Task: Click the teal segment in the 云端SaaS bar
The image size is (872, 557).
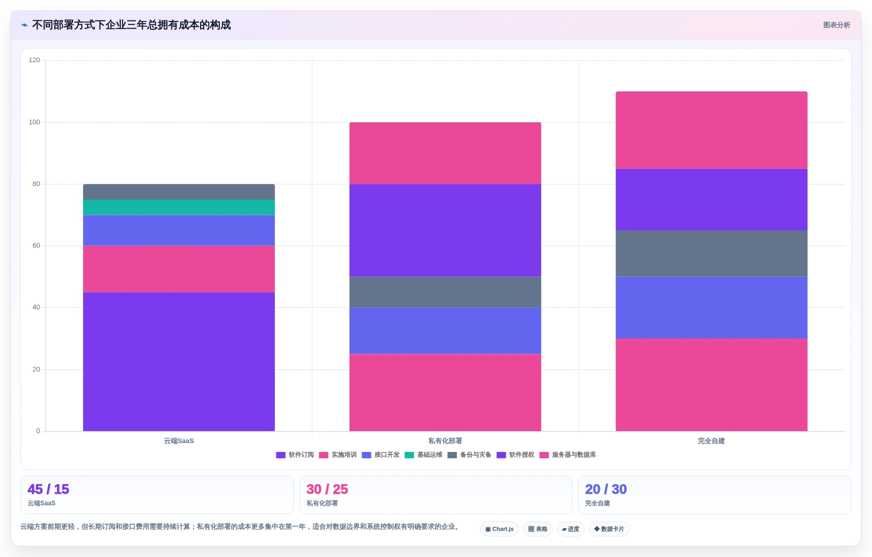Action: pyautogui.click(x=179, y=207)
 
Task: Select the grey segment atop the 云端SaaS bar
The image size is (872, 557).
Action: pyautogui.click(x=179, y=192)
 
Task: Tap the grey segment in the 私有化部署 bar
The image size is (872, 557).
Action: pyautogui.click(x=445, y=292)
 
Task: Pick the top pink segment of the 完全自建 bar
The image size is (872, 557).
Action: pyautogui.click(x=711, y=130)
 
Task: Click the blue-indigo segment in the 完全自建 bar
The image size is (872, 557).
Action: pyautogui.click(x=711, y=307)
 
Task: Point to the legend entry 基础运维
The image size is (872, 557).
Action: pyautogui.click(x=424, y=455)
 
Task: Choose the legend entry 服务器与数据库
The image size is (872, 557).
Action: pyautogui.click(x=567, y=455)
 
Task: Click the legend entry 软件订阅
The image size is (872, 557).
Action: pyautogui.click(x=295, y=455)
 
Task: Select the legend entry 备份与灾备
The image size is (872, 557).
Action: pyautogui.click(x=470, y=455)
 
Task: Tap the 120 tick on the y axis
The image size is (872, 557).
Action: pyautogui.click(x=34, y=60)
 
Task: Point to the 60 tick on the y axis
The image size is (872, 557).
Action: pyautogui.click(x=36, y=246)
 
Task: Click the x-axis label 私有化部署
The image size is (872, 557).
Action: pyautogui.click(x=445, y=441)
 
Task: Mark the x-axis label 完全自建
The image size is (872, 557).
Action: pyautogui.click(x=711, y=441)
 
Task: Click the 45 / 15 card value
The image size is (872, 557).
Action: pyautogui.click(x=48, y=489)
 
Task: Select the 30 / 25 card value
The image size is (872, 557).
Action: pyautogui.click(x=327, y=489)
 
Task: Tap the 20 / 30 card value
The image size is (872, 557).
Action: pyautogui.click(x=606, y=489)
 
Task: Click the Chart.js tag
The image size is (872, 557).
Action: pyautogui.click(x=499, y=529)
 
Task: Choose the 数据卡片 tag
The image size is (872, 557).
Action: pyautogui.click(x=609, y=529)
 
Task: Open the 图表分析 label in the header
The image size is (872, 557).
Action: pyautogui.click(x=836, y=25)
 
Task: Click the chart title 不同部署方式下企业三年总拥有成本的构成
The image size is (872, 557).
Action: pyautogui.click(x=131, y=25)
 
